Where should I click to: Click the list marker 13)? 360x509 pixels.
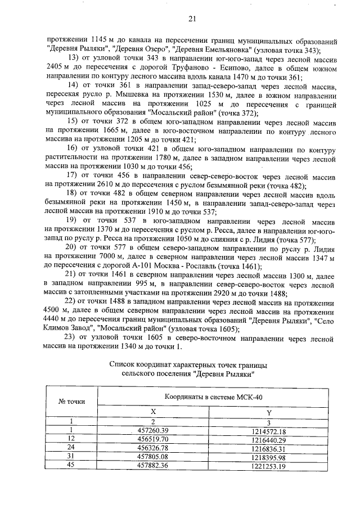point(74,58)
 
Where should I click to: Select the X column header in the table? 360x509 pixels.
point(152,412)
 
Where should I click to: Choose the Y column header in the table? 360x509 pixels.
point(269,412)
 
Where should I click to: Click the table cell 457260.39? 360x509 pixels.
point(152,430)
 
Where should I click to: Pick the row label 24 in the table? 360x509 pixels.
point(71,448)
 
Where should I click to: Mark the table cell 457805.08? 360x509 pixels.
point(152,457)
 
